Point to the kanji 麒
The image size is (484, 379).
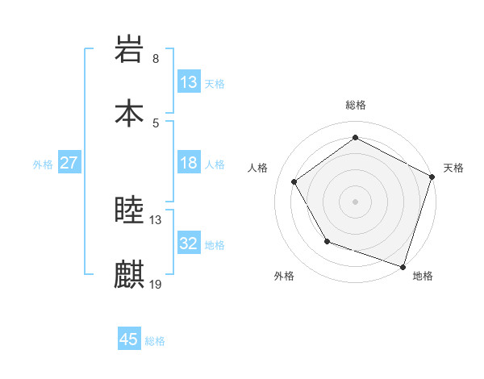(130, 274)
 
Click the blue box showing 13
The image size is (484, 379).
(189, 82)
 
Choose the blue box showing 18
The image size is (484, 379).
(189, 163)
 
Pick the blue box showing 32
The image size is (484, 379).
(189, 244)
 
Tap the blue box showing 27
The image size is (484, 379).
(69, 163)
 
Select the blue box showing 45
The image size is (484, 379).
(129, 339)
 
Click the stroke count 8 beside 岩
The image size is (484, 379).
(156, 59)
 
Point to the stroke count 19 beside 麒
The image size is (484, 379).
(156, 284)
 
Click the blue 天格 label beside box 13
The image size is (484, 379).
(214, 84)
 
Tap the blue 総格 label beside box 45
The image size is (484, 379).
(155, 341)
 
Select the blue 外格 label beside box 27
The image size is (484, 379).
(43, 165)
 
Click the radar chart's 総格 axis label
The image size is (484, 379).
(356, 105)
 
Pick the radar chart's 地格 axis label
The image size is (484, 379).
(423, 276)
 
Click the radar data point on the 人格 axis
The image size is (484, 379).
(294, 181)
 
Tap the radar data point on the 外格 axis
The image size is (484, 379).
(327, 241)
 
